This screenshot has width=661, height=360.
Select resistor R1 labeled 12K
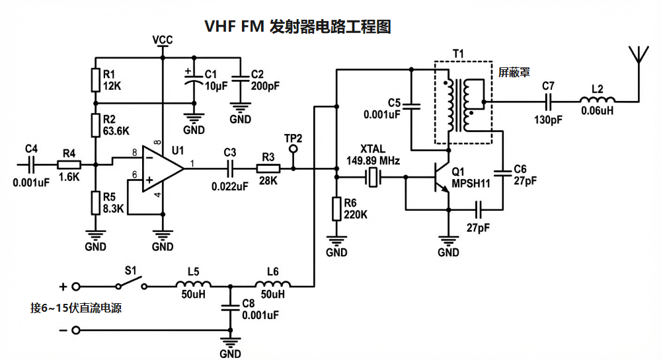(x=96, y=79)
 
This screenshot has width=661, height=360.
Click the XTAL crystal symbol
(x=374, y=177)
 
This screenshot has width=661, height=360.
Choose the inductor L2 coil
(x=597, y=101)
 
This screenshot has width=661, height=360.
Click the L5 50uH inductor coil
(x=192, y=286)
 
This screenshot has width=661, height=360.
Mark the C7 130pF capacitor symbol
(x=548, y=101)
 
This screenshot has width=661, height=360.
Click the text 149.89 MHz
(x=373, y=161)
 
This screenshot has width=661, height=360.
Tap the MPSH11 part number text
(x=471, y=184)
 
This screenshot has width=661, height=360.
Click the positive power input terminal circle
(x=76, y=287)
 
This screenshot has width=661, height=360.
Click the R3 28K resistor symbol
(x=268, y=168)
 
